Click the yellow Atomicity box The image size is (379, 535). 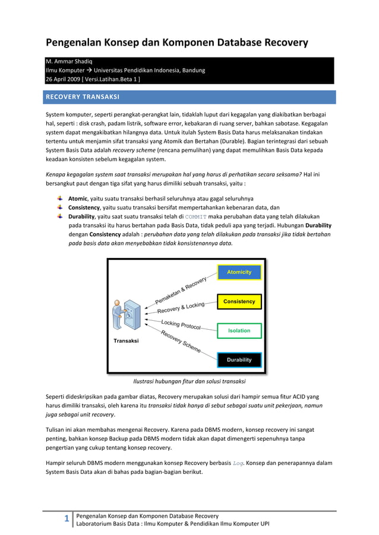pyautogui.click(x=239, y=272)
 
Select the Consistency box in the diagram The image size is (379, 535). pyautogui.click(x=239, y=302)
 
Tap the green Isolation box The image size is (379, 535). pyautogui.click(x=239, y=330)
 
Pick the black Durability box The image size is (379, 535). pyautogui.click(x=239, y=359)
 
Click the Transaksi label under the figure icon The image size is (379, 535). pyautogui.click(x=126, y=341)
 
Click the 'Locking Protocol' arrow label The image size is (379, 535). pyautogui.click(x=181, y=324)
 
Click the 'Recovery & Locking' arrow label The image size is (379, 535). pyautogui.click(x=181, y=308)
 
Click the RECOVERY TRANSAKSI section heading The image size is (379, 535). pyautogui.click(x=83, y=97)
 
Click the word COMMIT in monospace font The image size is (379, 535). pyautogui.click(x=195, y=217)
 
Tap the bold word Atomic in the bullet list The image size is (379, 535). pyautogui.click(x=78, y=199)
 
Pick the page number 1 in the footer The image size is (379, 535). pyautogui.click(x=67, y=520)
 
